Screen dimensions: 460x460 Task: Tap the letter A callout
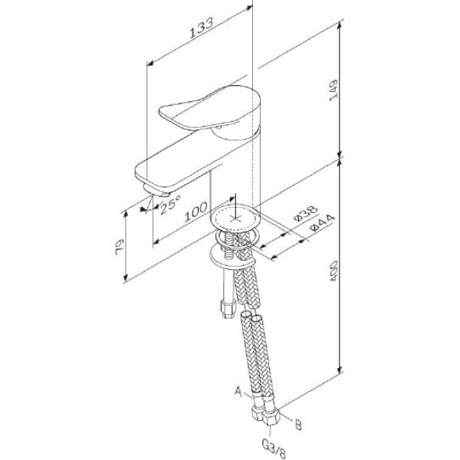click(x=238, y=393)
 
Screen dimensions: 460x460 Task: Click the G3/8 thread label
click(x=271, y=442)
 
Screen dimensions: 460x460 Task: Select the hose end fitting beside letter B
click(x=274, y=415)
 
